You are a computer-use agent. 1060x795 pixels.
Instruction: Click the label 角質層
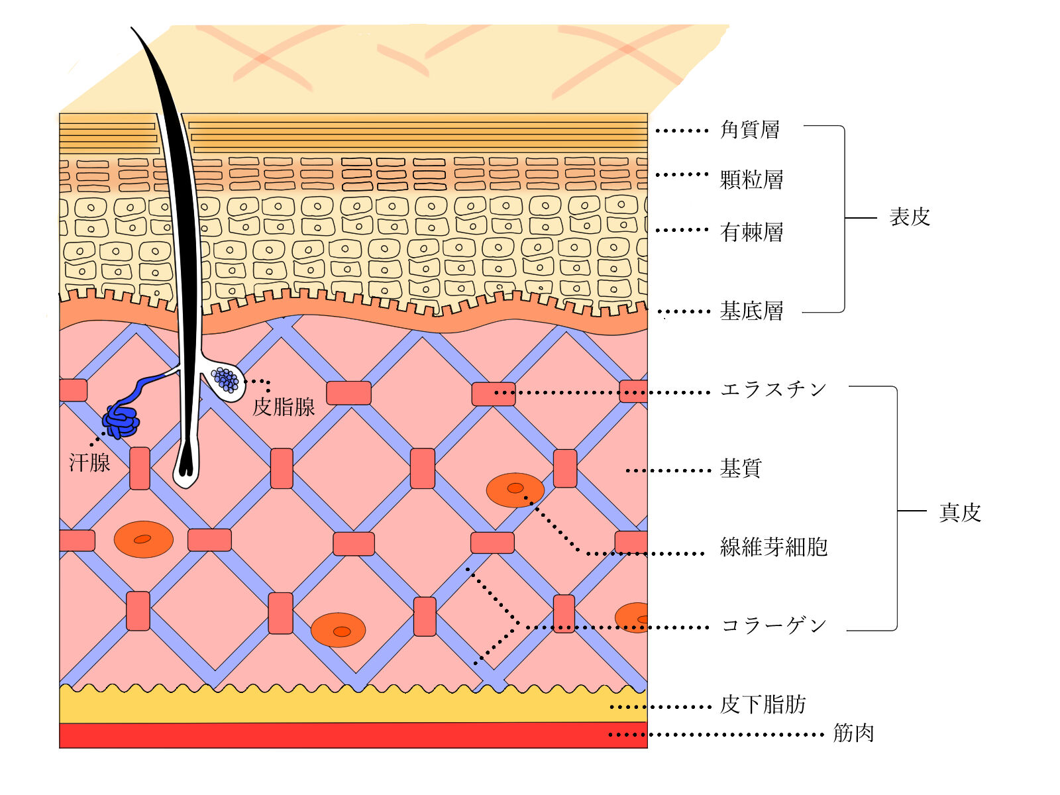(x=749, y=130)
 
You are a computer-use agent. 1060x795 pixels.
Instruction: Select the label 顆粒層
(x=751, y=180)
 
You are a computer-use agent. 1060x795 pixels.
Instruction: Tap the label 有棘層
(x=751, y=232)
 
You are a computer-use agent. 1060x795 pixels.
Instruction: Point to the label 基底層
(x=751, y=311)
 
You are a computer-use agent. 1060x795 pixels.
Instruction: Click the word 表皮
(x=910, y=217)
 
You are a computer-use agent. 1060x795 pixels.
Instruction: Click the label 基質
(x=741, y=468)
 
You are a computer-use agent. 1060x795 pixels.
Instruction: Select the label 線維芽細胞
(x=774, y=547)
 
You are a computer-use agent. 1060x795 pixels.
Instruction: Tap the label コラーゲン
(x=774, y=625)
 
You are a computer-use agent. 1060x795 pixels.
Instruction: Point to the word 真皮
(x=960, y=513)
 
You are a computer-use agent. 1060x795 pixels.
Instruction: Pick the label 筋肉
(x=854, y=733)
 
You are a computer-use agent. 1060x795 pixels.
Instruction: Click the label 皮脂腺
(x=284, y=407)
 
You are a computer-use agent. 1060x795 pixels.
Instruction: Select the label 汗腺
(x=90, y=462)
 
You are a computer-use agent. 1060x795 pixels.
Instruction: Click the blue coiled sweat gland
(x=121, y=421)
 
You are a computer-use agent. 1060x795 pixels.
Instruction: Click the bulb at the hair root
(x=186, y=470)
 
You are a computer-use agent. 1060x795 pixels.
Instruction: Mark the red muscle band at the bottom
(x=353, y=735)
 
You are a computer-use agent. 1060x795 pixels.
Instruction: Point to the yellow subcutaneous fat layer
(x=353, y=706)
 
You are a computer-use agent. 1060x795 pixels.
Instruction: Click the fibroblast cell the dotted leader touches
(x=515, y=490)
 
